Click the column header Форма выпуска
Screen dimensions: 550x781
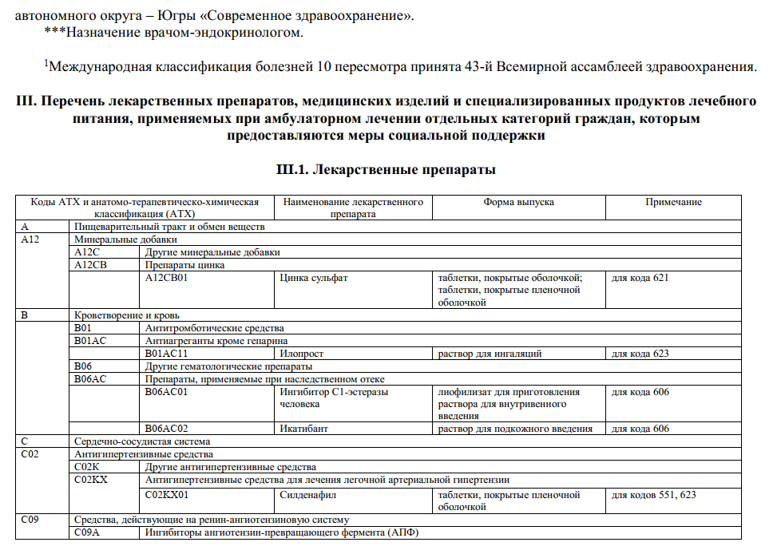click(518, 202)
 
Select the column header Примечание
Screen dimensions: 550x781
click(673, 202)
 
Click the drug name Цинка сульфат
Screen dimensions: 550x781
click(314, 278)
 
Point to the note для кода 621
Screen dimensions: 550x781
click(640, 278)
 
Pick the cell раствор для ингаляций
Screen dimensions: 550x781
click(490, 354)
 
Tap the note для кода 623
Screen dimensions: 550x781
click(640, 354)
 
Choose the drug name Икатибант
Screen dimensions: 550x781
click(304, 429)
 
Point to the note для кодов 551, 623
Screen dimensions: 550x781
click(653, 495)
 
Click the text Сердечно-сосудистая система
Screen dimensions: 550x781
click(141, 441)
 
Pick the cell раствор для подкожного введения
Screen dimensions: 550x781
click(515, 429)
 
